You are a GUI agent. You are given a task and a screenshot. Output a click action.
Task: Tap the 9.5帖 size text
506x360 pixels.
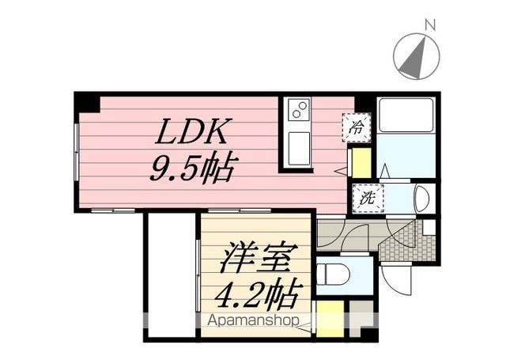pyautogui.click(x=194, y=167)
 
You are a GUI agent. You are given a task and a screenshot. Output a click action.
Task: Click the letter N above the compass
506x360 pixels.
pyautogui.click(x=429, y=25)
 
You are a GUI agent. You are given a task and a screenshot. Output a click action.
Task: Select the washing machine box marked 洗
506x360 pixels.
pyautogui.click(x=368, y=197)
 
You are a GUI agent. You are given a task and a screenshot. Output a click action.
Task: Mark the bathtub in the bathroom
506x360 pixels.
pyautogui.click(x=406, y=116)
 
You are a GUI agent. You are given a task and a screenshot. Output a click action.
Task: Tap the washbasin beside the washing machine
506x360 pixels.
pyautogui.click(x=421, y=198)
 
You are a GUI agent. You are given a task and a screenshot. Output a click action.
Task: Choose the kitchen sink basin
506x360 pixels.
pyautogui.click(x=298, y=148)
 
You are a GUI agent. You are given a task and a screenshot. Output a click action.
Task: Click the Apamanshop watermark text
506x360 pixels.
pyautogui.click(x=253, y=320)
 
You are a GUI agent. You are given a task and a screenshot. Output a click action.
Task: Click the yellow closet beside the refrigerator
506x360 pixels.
pyautogui.click(x=361, y=162)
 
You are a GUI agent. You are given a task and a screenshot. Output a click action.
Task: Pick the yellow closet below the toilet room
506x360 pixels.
pyautogui.click(x=330, y=318)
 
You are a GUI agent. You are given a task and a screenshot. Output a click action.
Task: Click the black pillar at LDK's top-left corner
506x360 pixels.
pyautogui.click(x=88, y=102)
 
